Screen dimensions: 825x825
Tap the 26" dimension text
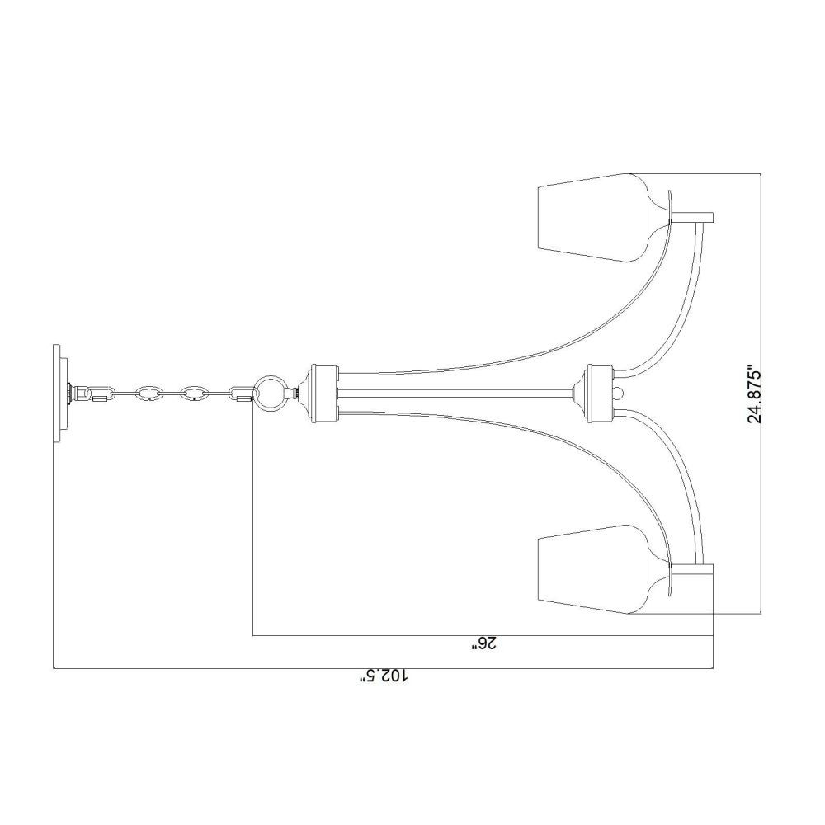(x=483, y=644)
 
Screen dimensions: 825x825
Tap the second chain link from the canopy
(x=148, y=394)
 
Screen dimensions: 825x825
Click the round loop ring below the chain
(x=271, y=393)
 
